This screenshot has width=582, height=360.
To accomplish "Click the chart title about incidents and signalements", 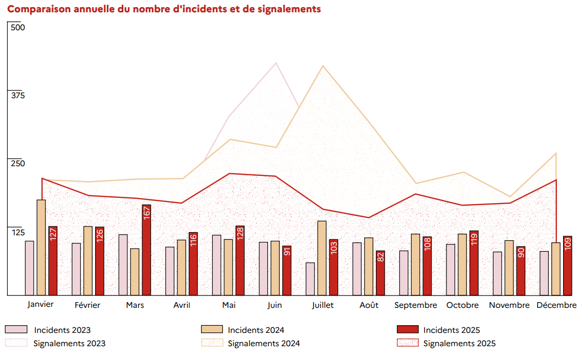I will coord(164,9).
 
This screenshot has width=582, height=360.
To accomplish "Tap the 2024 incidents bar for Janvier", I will coord(41,247).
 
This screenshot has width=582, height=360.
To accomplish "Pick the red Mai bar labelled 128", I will coord(240,260).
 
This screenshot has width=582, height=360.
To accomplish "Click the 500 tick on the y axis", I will coord(17,27).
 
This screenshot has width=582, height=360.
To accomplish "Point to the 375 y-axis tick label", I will coord(17,95).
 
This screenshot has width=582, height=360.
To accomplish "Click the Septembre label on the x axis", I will coord(416,305).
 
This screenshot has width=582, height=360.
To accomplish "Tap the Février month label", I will coord(87,305).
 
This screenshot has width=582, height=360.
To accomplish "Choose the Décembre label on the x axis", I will coord(556,305).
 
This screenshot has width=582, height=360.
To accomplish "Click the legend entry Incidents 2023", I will coord(62,330).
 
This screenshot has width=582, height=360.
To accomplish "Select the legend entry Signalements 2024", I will coord(264,344).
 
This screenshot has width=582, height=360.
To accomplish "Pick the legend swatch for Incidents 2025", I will coord(408,330).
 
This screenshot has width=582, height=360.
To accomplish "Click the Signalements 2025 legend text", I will coord(459,344).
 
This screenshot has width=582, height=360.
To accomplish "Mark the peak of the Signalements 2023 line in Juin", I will coord(277,63).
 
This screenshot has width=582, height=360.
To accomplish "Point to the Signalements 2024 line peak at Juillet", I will coord(322,66).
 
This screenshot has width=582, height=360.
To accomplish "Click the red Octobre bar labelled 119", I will coord(474,263).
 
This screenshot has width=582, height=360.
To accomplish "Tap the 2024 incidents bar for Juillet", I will coord(322,258).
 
